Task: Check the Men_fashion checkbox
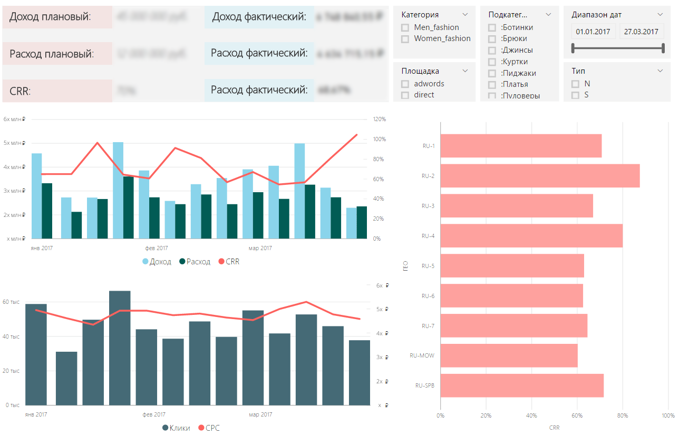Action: click(405, 27)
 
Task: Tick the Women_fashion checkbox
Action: click(405, 39)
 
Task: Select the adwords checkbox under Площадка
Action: click(405, 84)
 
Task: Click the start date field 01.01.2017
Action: click(593, 32)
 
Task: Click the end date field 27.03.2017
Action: click(641, 32)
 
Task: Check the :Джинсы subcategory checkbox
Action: click(492, 50)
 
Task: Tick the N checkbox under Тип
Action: click(576, 84)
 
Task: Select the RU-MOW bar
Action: click(509, 355)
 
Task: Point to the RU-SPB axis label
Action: click(425, 385)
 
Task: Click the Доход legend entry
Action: click(157, 262)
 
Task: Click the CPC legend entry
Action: click(209, 428)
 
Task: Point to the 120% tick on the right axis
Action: click(380, 120)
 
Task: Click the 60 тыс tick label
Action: click(11, 302)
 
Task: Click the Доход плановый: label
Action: click(50, 17)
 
